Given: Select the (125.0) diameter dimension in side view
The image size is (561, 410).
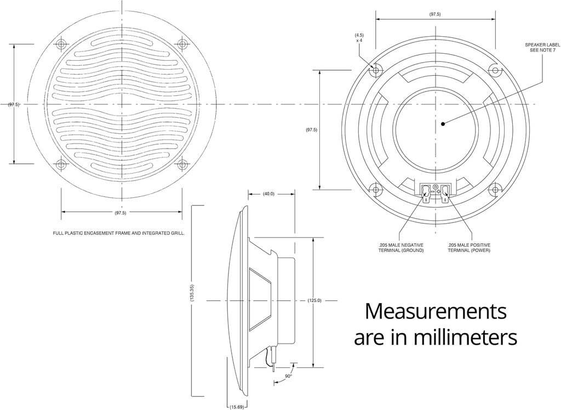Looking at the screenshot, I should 314,300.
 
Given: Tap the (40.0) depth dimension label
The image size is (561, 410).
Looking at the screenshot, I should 268,193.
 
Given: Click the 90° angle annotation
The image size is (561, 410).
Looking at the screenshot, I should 288,376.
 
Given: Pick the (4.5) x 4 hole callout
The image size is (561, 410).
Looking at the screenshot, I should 359,38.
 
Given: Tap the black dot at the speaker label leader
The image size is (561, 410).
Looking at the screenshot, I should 443,124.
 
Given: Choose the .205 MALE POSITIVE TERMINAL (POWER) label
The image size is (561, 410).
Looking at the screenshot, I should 468,247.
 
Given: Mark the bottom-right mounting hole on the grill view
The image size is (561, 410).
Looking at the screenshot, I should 182,164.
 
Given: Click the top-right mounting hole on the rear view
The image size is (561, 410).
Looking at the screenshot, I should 495,70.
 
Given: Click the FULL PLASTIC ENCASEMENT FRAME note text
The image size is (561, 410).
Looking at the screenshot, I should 119,234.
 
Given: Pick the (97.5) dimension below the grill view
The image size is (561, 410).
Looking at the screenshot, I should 121,212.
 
